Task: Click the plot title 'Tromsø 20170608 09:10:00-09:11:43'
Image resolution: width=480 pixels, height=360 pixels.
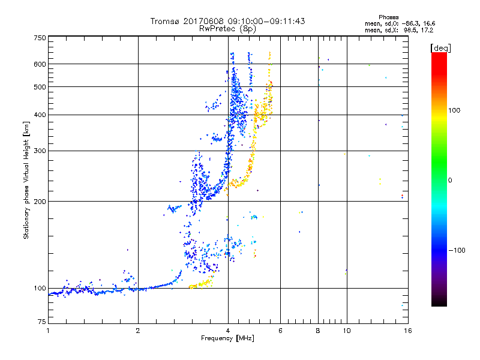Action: pos(227,21)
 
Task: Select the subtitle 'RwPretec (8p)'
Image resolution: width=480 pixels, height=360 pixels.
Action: pos(227,28)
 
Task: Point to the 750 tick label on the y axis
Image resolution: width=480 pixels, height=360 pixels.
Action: pos(40,37)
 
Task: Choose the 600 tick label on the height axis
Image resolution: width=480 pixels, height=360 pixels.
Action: pos(40,64)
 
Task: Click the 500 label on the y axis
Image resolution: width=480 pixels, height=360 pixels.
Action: pos(40,87)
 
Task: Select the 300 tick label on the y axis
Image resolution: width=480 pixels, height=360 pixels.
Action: pos(40,151)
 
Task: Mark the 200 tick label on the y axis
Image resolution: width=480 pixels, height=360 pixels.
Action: pos(40,201)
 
